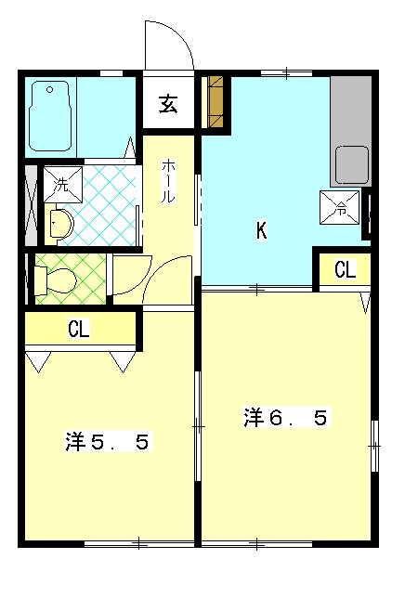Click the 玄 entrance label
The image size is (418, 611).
tap(169, 104)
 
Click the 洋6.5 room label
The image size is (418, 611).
tap(285, 418)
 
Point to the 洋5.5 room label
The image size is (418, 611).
tap(107, 442)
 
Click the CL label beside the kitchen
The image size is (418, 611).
tap(345, 270)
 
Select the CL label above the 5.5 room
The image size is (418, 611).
tap(78, 330)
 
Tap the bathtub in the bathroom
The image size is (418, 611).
tap(51, 117)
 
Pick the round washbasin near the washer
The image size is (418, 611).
tap(60, 224)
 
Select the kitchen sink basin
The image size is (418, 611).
tap(352, 164)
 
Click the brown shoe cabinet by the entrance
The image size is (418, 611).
tap(216, 102)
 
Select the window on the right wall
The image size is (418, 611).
tap(374, 447)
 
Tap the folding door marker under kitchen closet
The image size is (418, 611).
tap(365, 302)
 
